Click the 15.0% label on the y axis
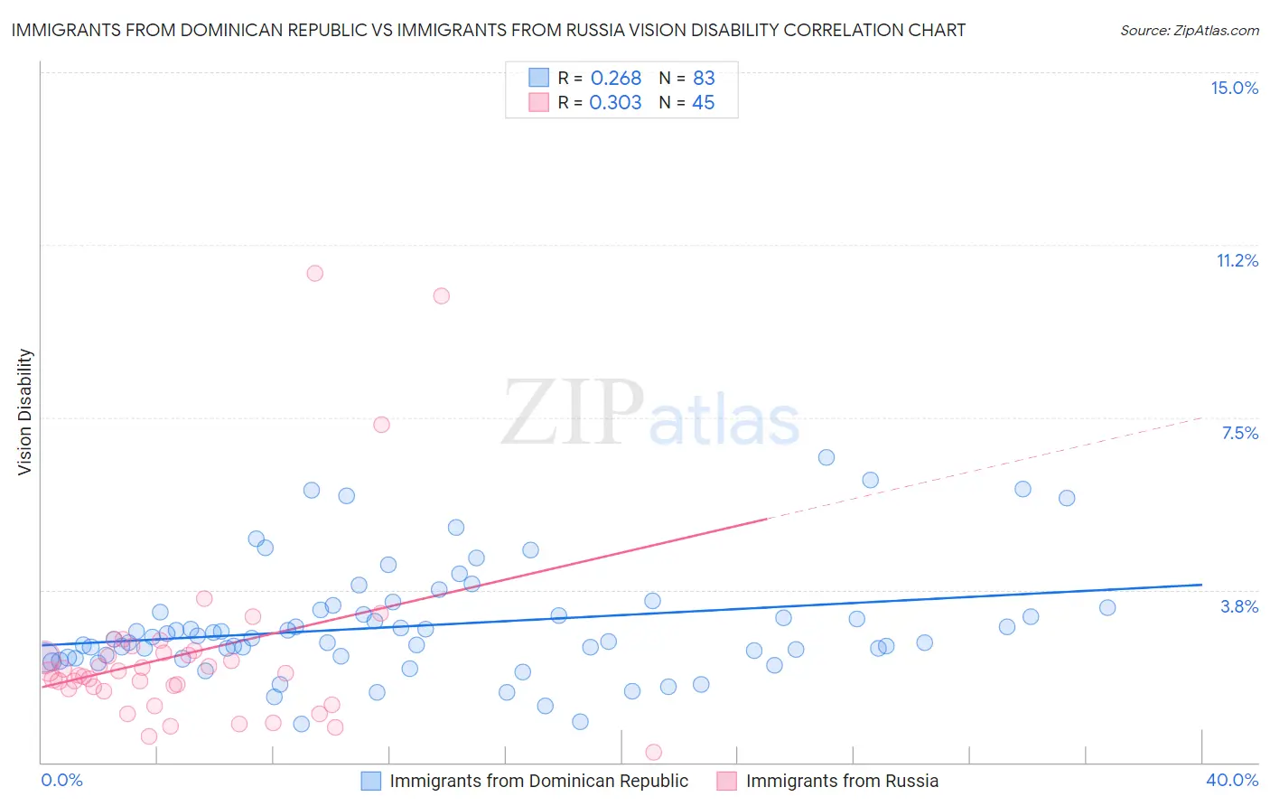coord(1234,88)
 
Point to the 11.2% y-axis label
coord(1237,260)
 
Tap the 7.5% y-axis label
coord(1239,433)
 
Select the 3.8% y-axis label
coord(1239,606)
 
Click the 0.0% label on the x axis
coord(61,780)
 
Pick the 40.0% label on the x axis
coord(1231,780)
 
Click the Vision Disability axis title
coord(24,411)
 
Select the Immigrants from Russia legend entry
coord(841,781)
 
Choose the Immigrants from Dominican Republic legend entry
coord(538,781)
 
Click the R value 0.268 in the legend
coord(615,79)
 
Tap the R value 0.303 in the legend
coord(615,103)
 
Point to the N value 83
coord(704,79)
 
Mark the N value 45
coord(703,103)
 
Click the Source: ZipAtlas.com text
coord(1189,30)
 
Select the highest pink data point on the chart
coord(314,273)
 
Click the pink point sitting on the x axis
coord(653,752)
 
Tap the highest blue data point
coord(826,457)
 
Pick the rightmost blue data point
coord(1107,607)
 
